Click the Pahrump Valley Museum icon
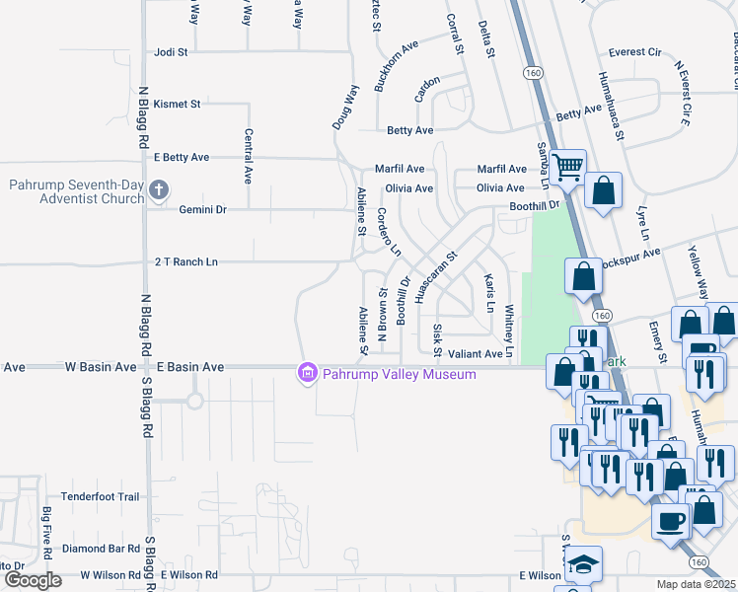pyautogui.click(x=307, y=373)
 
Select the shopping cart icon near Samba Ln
pyautogui.click(x=567, y=168)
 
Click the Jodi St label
pyautogui.click(x=170, y=52)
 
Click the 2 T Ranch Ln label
pyautogui.click(x=185, y=261)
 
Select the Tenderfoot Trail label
pyautogui.click(x=101, y=496)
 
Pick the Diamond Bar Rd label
pyautogui.click(x=101, y=548)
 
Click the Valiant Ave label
pyautogui.click(x=475, y=353)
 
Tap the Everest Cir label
pyautogui.click(x=634, y=52)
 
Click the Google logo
pyautogui.click(x=33, y=580)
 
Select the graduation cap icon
pyautogui.click(x=584, y=563)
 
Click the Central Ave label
pyautogui.click(x=247, y=156)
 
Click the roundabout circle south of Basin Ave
pyautogui.click(x=194, y=401)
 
